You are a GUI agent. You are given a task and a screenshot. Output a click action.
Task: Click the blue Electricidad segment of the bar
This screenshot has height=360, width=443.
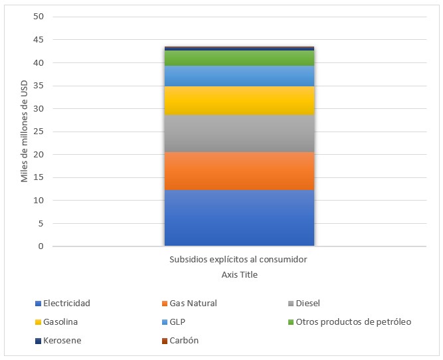pyautogui.click(x=239, y=218)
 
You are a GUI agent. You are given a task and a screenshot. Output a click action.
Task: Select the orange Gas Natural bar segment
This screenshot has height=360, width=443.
pyautogui.click(x=239, y=171)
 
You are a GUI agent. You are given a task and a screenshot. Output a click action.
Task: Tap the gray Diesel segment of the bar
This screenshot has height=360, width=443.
pyautogui.click(x=239, y=134)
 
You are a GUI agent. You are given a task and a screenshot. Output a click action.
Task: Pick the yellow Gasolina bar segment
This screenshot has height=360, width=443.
pyautogui.click(x=239, y=100)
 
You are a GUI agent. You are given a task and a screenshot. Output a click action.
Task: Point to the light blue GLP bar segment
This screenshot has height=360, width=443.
pyautogui.click(x=239, y=76)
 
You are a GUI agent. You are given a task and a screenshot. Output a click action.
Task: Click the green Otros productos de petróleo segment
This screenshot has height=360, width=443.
pyautogui.click(x=239, y=58)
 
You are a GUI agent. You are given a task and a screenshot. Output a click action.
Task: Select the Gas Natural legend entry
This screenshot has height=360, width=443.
pyautogui.click(x=193, y=304)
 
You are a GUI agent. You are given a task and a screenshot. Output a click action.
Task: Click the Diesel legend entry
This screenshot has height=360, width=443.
pyautogui.click(x=308, y=304)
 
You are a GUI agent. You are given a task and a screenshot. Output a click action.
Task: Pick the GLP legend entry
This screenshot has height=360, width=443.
pyautogui.click(x=178, y=322)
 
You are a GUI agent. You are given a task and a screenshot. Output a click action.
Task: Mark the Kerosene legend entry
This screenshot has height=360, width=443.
pyautogui.click(x=62, y=341)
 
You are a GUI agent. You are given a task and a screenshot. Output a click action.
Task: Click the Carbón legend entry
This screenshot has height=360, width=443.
pyautogui.click(x=184, y=341)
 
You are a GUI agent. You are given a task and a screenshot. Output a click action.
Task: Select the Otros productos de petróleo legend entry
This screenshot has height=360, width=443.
pyautogui.click(x=353, y=322)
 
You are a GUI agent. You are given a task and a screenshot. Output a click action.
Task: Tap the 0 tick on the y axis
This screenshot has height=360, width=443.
pyautogui.click(x=41, y=246)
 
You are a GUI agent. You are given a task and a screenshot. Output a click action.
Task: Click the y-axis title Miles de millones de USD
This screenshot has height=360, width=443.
pyautogui.click(x=24, y=132)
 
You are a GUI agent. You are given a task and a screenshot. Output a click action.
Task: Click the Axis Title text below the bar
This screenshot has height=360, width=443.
pyautogui.click(x=239, y=274)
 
